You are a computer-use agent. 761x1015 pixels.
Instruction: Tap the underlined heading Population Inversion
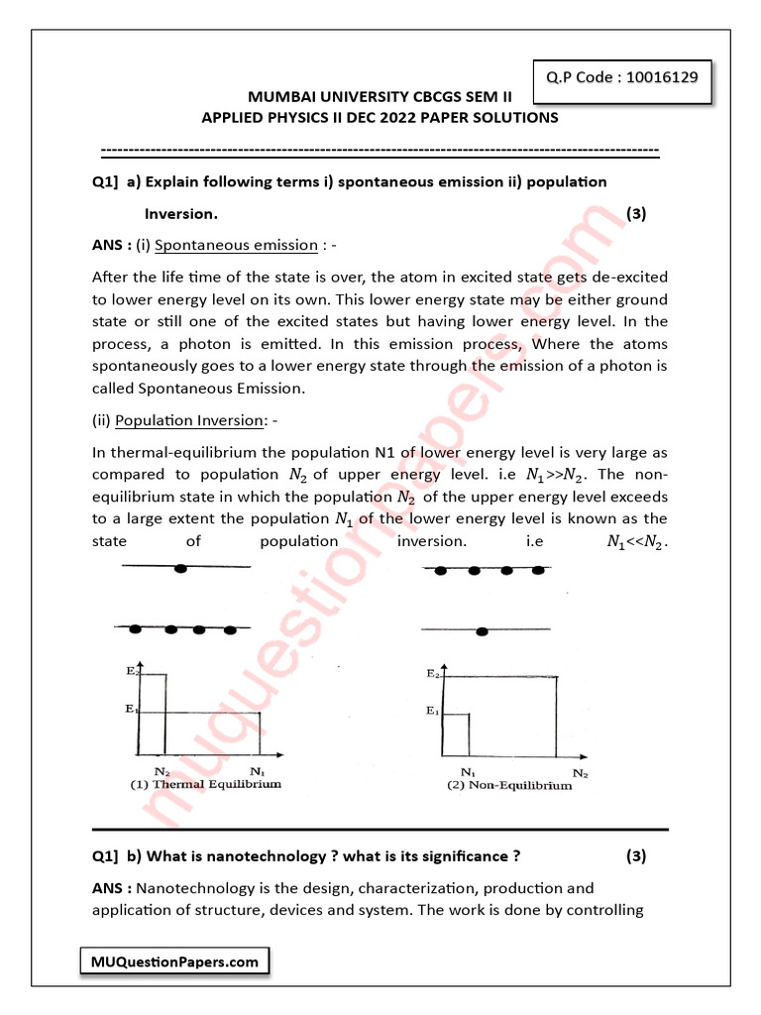pyautogui.click(x=189, y=420)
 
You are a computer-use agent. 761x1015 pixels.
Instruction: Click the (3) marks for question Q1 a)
pyautogui.click(x=636, y=213)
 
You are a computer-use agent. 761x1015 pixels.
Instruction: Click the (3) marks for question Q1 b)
pyautogui.click(x=636, y=856)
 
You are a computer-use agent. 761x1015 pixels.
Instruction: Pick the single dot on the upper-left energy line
pyautogui.click(x=180, y=568)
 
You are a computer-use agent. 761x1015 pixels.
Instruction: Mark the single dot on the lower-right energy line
pyautogui.click(x=482, y=631)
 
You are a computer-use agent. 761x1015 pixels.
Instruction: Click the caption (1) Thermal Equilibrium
pyautogui.click(x=206, y=784)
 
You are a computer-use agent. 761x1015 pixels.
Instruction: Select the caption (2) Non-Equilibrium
pyautogui.click(x=508, y=785)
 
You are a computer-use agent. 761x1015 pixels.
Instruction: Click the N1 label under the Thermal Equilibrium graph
pyautogui.click(x=258, y=770)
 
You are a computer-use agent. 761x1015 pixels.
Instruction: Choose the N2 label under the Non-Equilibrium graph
pyautogui.click(x=581, y=771)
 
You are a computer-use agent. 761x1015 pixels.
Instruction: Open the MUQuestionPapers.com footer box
pyautogui.click(x=173, y=961)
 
